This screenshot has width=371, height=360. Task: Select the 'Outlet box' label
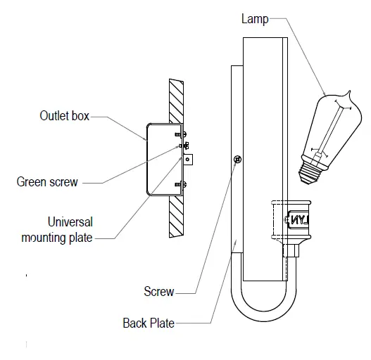point(64,116)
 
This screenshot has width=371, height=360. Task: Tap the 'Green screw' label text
point(47,183)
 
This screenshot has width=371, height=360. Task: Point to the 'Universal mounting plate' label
point(70,230)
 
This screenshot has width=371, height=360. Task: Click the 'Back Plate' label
point(148,323)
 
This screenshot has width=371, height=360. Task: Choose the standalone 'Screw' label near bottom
point(158,291)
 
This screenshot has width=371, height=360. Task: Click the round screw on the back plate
point(237,160)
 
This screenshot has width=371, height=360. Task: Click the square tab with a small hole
point(189,160)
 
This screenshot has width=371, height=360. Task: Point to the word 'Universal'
point(70,222)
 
